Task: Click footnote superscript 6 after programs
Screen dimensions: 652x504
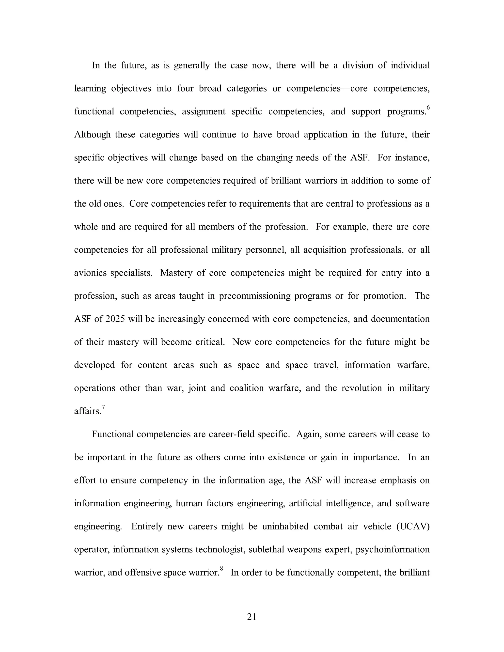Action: click(428, 108)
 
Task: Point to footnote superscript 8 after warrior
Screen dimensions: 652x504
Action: click(221, 569)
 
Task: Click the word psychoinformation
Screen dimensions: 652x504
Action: click(392, 549)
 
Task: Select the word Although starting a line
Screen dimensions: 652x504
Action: click(92, 134)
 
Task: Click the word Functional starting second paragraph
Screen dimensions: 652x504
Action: click(113, 434)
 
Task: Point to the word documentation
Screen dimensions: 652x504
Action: click(400, 319)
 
